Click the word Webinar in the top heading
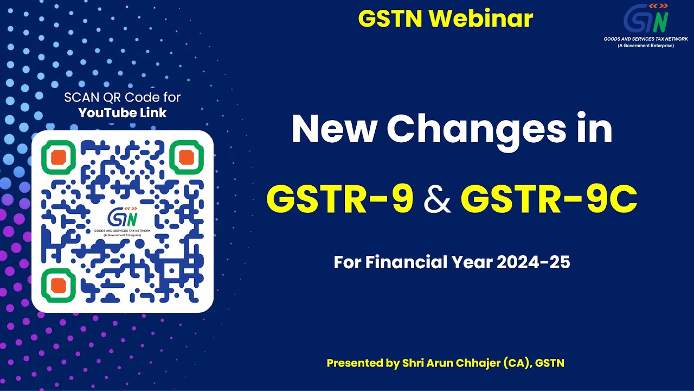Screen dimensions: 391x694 (480, 19)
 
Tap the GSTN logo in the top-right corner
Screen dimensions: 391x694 (646, 21)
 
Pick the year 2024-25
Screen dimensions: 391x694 (534, 263)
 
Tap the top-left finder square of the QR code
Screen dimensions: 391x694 (59, 157)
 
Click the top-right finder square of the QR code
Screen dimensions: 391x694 (186, 157)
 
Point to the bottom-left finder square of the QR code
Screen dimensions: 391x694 (59, 285)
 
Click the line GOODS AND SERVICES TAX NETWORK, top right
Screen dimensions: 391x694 (646, 39)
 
